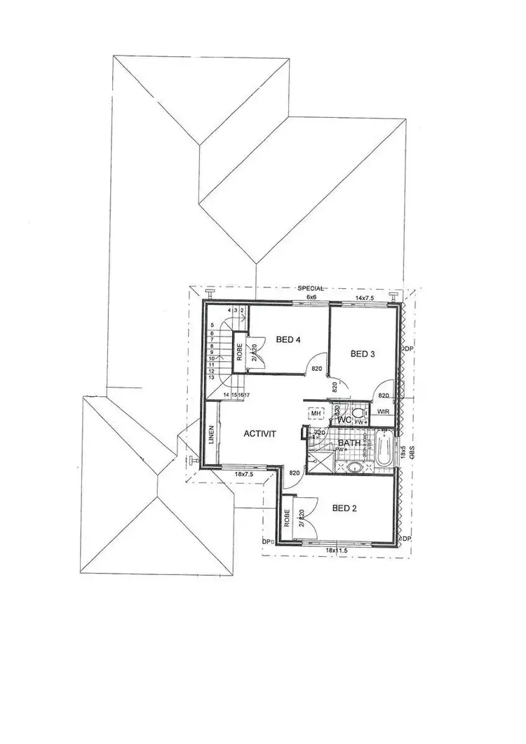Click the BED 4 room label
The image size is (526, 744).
point(288,340)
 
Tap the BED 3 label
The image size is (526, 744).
point(363,354)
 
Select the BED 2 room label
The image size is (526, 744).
point(344,508)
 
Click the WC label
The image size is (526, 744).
point(344,419)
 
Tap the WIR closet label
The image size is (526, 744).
point(383,412)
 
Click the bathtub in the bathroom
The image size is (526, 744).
point(385,451)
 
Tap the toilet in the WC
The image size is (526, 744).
point(357,414)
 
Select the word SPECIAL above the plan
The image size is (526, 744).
point(311,289)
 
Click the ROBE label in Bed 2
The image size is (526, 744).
point(288,518)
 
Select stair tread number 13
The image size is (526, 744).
point(212,377)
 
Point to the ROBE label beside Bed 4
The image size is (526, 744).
point(241,350)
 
